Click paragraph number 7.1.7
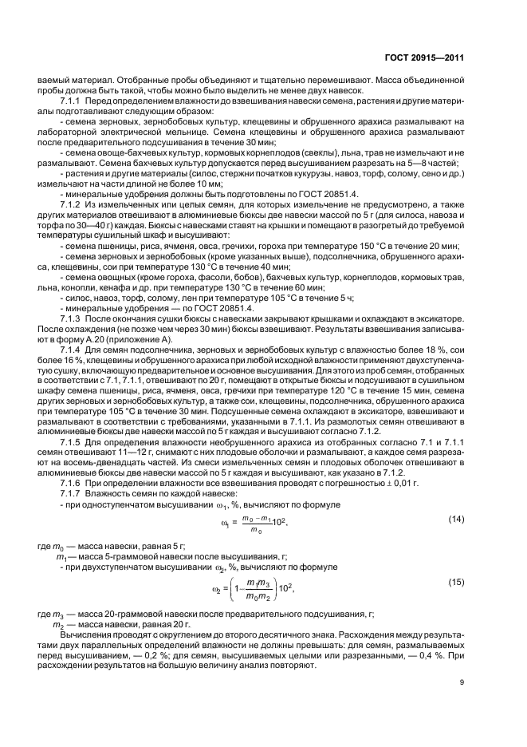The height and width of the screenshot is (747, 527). coord(72,492)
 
